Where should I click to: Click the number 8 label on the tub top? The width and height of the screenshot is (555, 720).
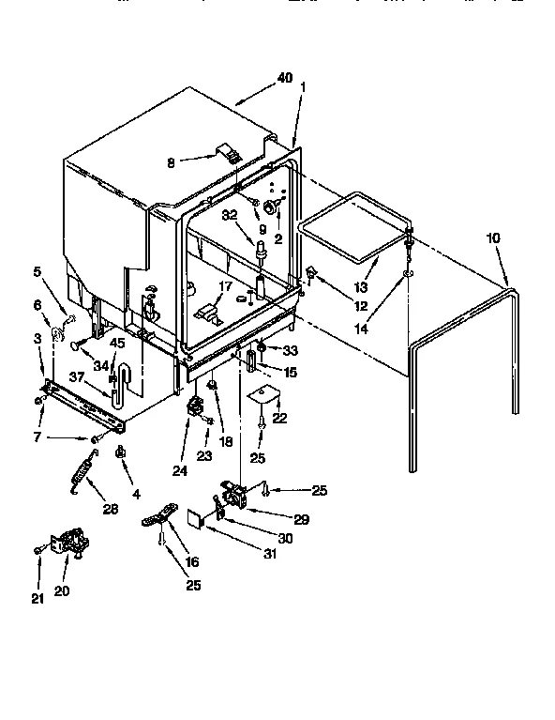point(170,161)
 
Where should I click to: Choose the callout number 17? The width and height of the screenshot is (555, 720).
point(225,287)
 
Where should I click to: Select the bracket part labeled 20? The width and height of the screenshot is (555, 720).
point(67,544)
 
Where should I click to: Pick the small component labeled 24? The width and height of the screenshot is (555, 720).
point(197,407)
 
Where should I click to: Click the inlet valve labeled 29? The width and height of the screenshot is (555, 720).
point(230,496)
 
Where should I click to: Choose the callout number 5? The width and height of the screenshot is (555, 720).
point(37,272)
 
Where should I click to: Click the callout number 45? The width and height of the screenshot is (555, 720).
point(116,343)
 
